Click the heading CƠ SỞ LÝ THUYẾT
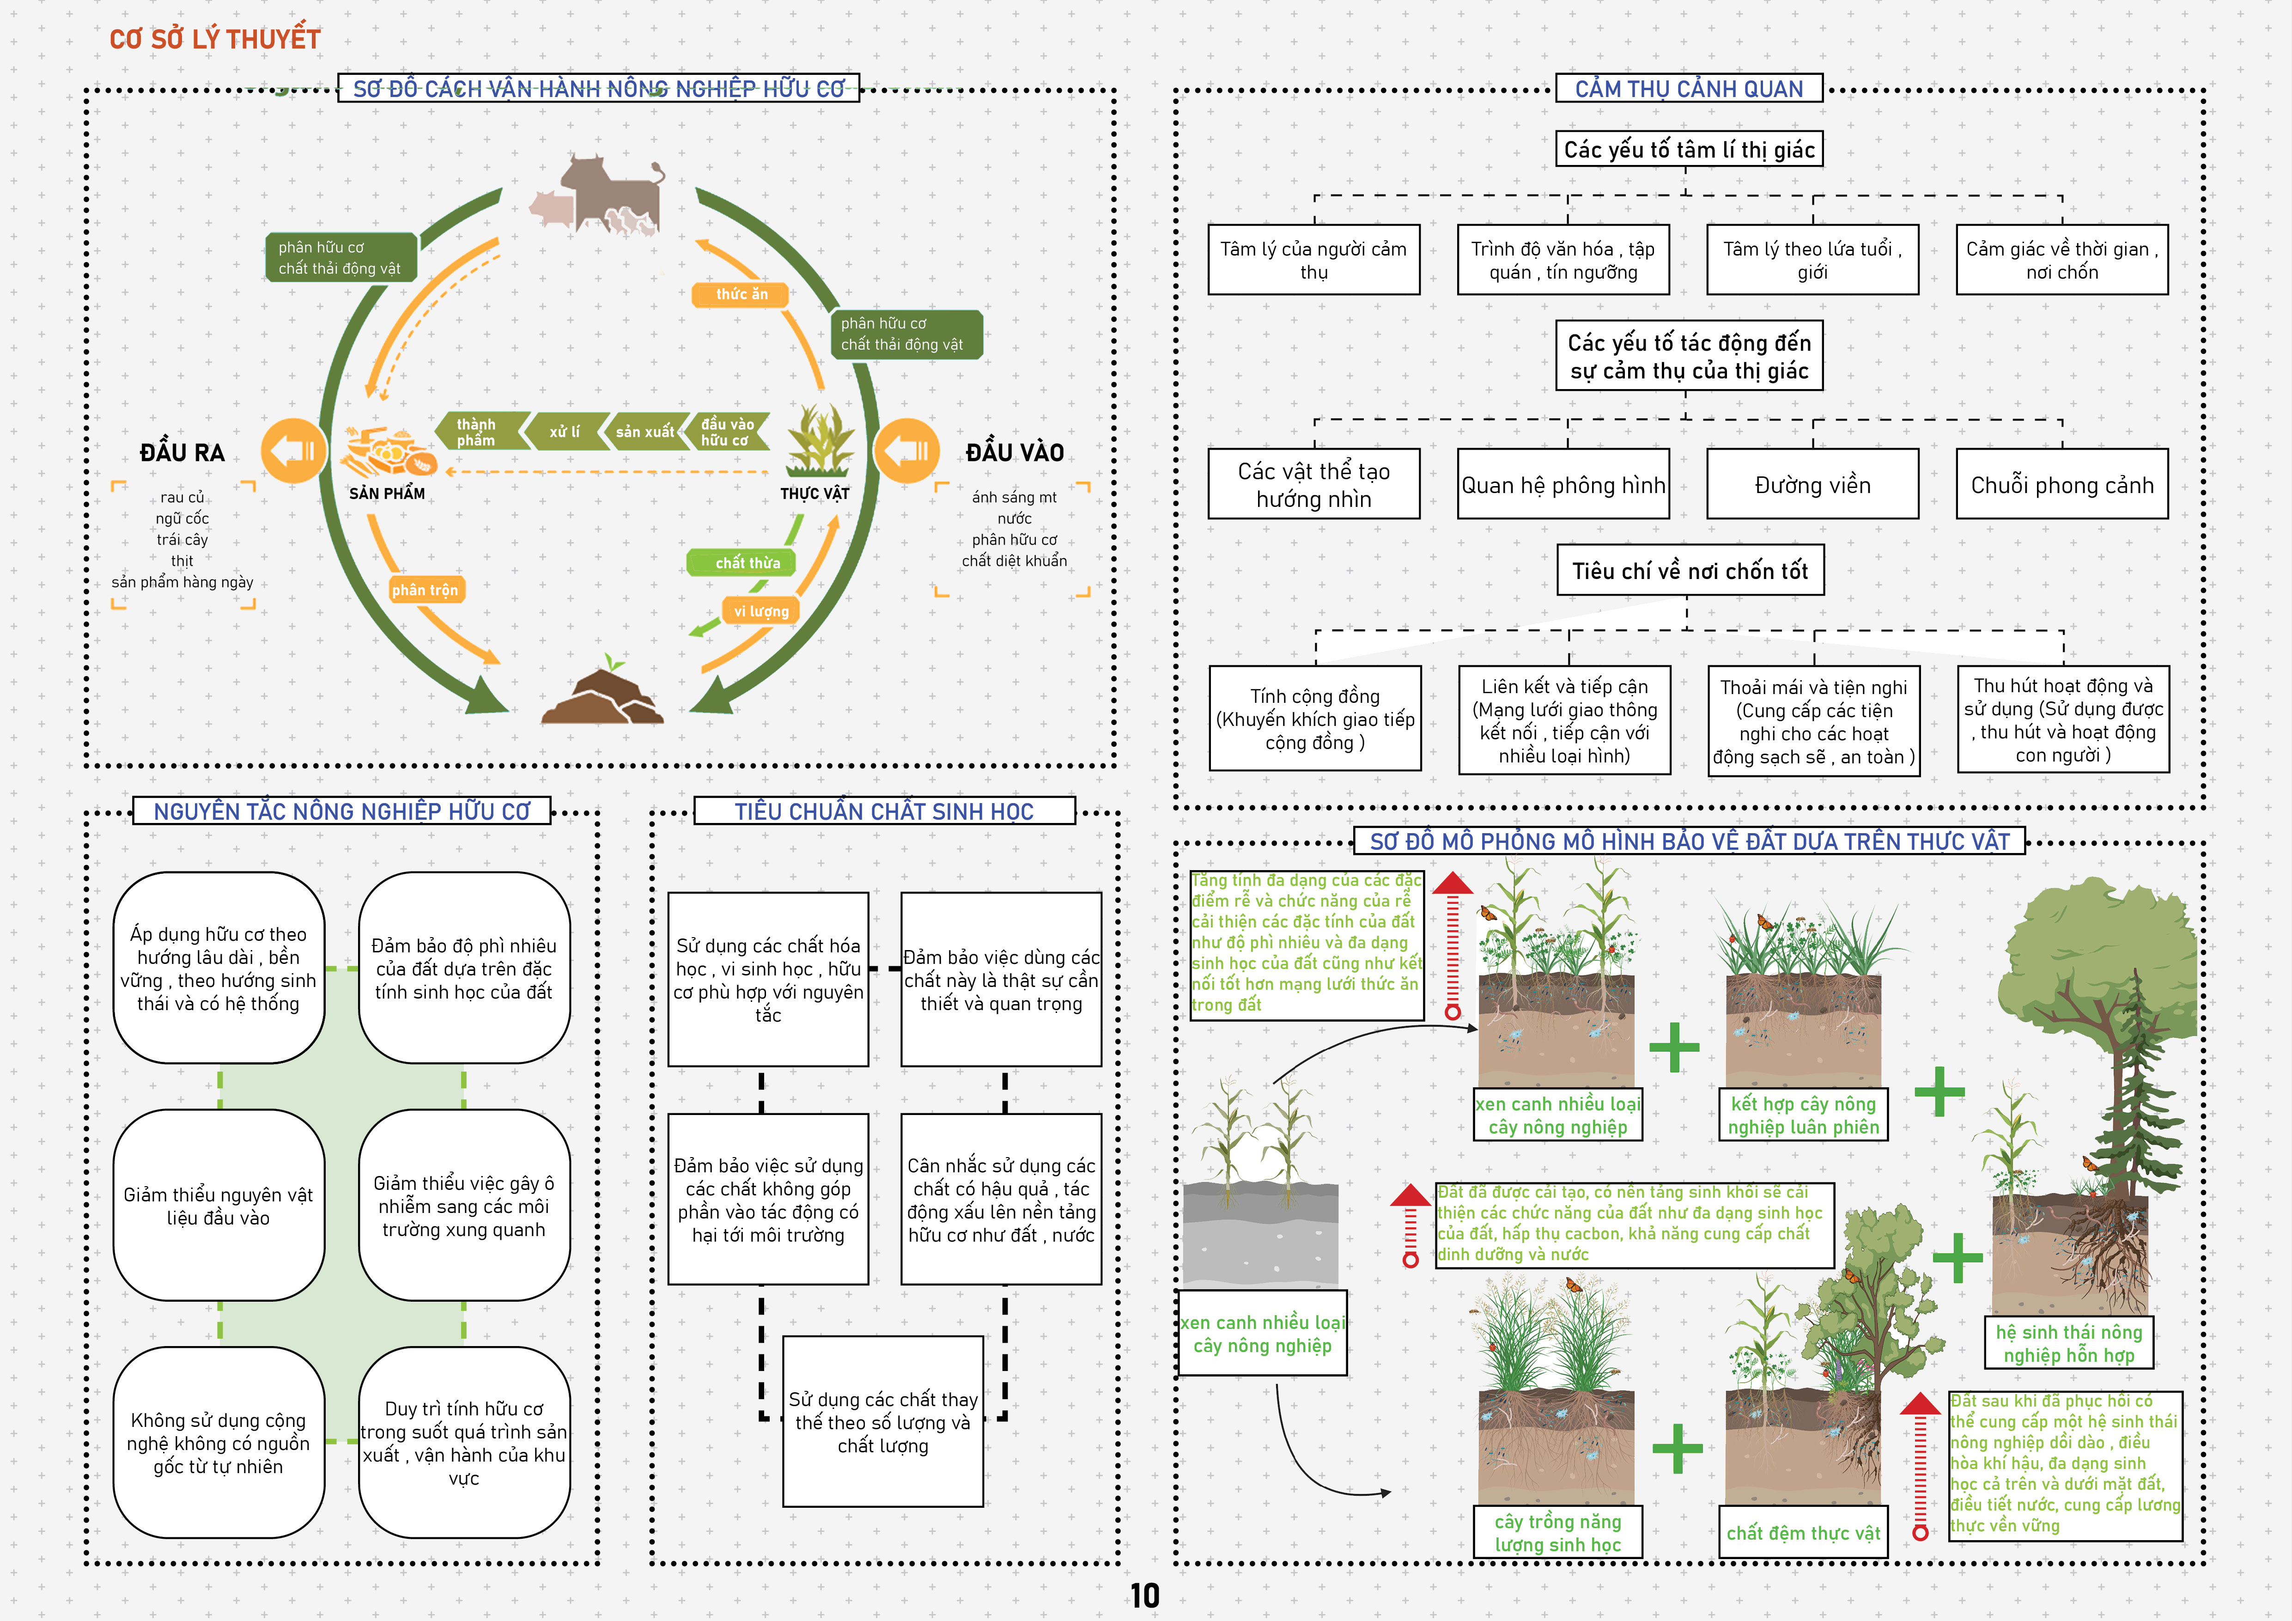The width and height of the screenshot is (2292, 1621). point(215,39)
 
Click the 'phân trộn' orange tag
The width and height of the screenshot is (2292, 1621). point(425,590)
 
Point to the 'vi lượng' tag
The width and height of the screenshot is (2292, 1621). point(760,611)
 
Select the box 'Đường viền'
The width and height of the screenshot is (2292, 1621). point(1812,485)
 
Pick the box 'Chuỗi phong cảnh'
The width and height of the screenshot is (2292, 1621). point(2061,485)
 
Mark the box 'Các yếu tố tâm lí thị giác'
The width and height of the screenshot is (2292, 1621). point(1688,150)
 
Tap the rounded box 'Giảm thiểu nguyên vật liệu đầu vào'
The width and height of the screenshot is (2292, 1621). point(219,1206)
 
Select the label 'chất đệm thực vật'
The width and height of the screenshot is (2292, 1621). point(1803,1533)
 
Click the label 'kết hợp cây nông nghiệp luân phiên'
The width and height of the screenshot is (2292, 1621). point(1803,1115)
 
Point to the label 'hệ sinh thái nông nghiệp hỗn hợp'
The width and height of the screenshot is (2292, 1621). point(2068,1343)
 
